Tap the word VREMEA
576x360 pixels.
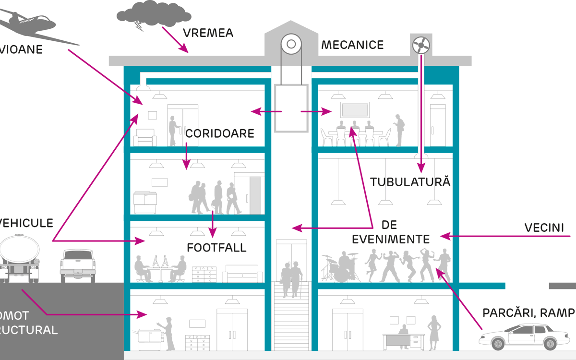pyautogui.click(x=208, y=33)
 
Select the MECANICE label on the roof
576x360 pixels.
pyautogui.click(x=352, y=45)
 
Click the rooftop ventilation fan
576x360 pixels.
pyautogui.click(x=421, y=46)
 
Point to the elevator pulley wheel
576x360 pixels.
pyautogui.click(x=290, y=45)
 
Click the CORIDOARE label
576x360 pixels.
pyautogui.click(x=219, y=133)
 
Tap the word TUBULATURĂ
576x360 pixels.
pyautogui.click(x=410, y=182)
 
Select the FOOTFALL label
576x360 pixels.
pyautogui.click(x=216, y=248)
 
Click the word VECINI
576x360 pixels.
pyautogui.click(x=544, y=228)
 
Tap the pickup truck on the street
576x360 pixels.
pyautogui.click(x=78, y=265)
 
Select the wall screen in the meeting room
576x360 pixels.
pyautogui.click(x=355, y=110)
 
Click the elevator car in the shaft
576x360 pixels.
pyautogui.click(x=290, y=108)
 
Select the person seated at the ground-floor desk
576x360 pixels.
pyautogui.click(x=403, y=333)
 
